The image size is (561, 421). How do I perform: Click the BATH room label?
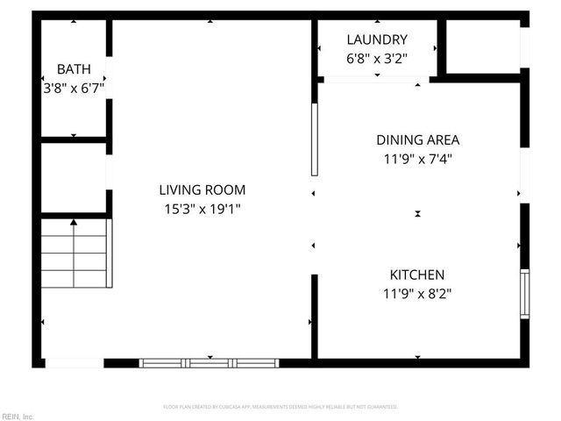tap(74, 69)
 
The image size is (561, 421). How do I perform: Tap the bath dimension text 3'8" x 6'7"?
tap(74, 88)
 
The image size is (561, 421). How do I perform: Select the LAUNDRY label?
tap(377, 39)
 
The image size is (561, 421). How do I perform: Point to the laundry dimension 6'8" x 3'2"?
tap(377, 58)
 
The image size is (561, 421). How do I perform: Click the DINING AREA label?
tap(417, 139)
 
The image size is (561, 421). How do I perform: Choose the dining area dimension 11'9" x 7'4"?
tap(417, 159)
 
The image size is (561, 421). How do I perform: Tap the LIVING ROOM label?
tap(202, 189)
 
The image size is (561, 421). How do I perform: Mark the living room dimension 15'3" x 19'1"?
tap(202, 209)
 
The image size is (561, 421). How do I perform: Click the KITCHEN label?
tap(417, 275)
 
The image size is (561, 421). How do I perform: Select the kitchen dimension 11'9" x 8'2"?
tap(417, 294)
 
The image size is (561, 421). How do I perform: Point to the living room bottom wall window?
tap(209, 361)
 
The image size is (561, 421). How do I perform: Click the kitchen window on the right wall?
tap(524, 293)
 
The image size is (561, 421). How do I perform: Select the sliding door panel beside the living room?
tap(314, 140)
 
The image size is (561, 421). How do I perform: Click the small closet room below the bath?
tap(74, 175)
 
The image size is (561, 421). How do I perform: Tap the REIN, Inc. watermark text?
tap(18, 416)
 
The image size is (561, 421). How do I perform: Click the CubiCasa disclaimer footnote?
tap(280, 407)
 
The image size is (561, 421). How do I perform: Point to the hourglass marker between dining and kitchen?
tap(418, 213)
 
